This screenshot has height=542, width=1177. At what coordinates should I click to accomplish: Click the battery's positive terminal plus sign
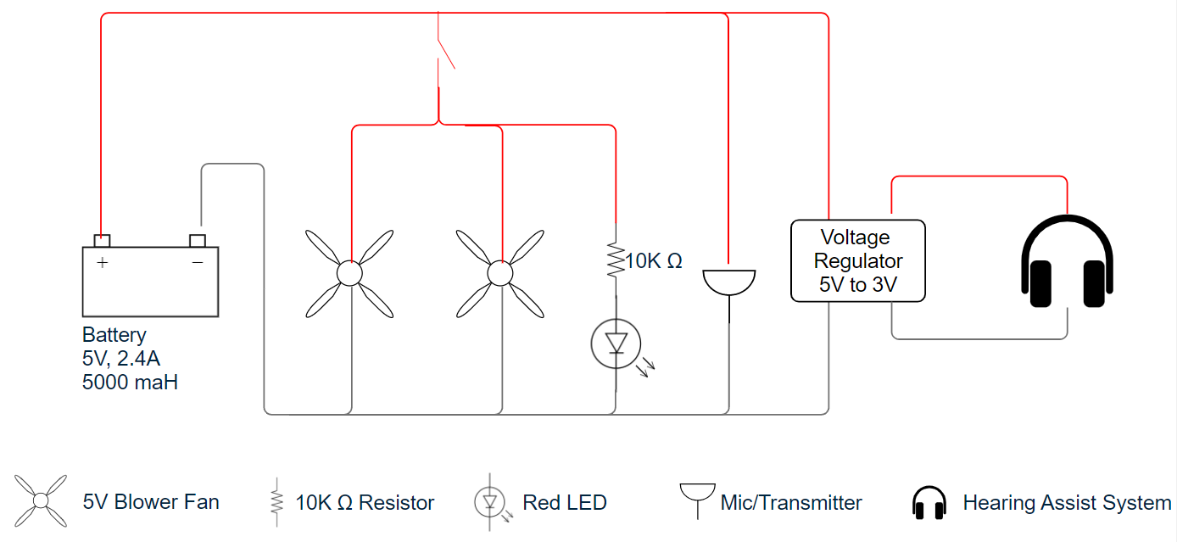point(103,262)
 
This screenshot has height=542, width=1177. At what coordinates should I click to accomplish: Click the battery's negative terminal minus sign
point(198,262)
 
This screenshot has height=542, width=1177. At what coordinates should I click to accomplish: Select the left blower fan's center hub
point(349,273)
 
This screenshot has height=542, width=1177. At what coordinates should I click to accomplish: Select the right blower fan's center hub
point(500,273)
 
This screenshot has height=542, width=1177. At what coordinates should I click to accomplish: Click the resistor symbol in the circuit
point(616,260)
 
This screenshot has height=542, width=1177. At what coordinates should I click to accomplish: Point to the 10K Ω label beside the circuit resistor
point(653,260)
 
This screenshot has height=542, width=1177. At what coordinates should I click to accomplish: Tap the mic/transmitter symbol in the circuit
point(729,282)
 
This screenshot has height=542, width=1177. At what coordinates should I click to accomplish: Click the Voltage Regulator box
point(857,260)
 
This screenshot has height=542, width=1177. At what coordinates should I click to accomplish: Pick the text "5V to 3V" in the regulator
point(857,285)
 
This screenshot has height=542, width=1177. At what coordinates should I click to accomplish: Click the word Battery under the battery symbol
point(114,335)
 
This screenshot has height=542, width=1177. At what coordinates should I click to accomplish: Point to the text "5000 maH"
point(130,383)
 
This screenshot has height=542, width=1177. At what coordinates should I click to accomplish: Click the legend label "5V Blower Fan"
point(151,502)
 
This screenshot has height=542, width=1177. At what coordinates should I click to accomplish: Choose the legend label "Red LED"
point(565,502)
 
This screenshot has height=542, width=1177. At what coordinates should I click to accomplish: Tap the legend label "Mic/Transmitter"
point(790,502)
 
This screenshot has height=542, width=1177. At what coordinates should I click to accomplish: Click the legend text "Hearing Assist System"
point(1067,502)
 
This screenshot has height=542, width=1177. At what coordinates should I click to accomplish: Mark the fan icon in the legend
point(41,501)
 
